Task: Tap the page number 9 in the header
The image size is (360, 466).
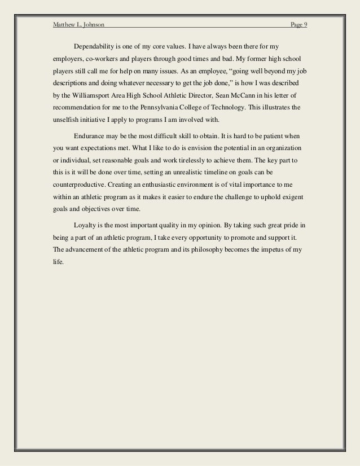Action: [305, 25]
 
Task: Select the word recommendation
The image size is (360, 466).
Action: [77, 107]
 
